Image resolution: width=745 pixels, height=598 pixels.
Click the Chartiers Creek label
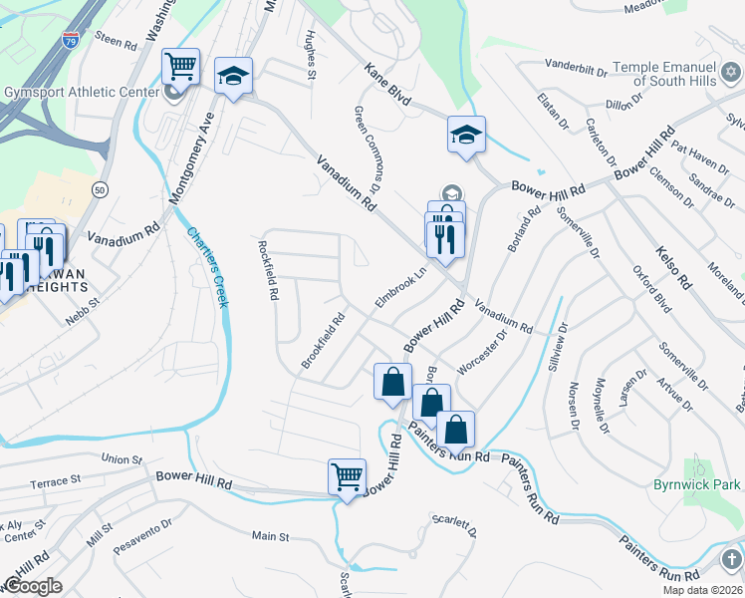coord(207,266)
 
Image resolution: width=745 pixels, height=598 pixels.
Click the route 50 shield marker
coord(99,188)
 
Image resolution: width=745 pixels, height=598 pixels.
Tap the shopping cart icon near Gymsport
coord(180,68)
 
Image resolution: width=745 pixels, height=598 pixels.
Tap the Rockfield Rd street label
coord(267,270)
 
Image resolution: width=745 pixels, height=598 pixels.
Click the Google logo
coord(33,585)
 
